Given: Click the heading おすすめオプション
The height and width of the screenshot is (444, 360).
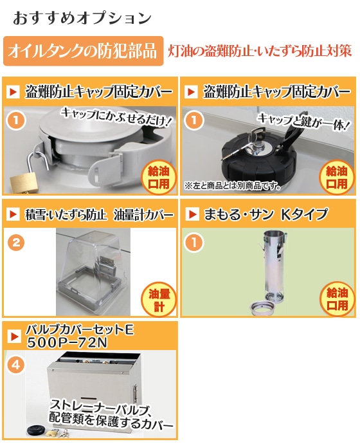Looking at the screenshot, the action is pyautogui.click(x=82, y=18).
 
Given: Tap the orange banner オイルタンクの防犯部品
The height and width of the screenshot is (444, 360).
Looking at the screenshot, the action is pyautogui.click(x=83, y=51).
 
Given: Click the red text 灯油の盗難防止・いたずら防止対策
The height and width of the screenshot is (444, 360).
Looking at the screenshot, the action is pyautogui.click(x=260, y=51).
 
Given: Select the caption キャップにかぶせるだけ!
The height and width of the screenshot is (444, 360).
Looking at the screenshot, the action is pyautogui.click(x=116, y=116).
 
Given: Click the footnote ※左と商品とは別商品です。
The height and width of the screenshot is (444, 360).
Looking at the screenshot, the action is pyautogui.click(x=233, y=186).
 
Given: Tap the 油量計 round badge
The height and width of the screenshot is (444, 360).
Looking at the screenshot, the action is pyautogui.click(x=159, y=300).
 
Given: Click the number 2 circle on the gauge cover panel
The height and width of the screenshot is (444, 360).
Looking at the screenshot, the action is pyautogui.click(x=16, y=243).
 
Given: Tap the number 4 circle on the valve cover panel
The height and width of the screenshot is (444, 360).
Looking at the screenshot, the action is pyautogui.click(x=16, y=365).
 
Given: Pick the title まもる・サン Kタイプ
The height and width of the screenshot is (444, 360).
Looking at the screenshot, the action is pyautogui.click(x=266, y=214).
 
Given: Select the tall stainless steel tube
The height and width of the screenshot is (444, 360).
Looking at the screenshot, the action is pyautogui.click(x=274, y=266).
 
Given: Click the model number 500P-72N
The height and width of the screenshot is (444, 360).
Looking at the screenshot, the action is pyautogui.click(x=67, y=342).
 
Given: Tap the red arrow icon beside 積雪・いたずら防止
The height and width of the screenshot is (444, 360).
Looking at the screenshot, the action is pyautogui.click(x=13, y=214).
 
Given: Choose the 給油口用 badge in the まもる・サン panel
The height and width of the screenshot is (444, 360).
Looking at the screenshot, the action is pyautogui.click(x=337, y=299).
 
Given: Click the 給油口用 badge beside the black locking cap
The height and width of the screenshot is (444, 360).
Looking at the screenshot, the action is pyautogui.click(x=337, y=178).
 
